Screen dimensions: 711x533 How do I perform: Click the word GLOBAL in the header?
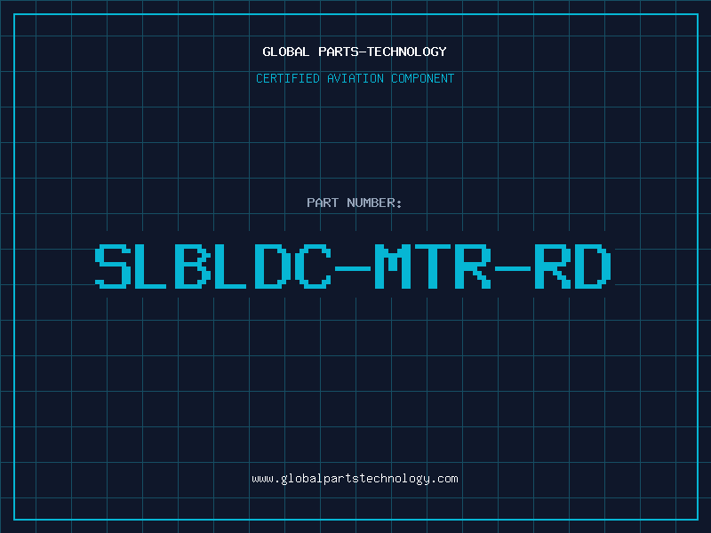coord(285,52)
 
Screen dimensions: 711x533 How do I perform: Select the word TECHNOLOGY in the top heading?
coord(407,52)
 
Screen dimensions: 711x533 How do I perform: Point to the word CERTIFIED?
coord(288,78)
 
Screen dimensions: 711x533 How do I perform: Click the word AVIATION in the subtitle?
coord(355,78)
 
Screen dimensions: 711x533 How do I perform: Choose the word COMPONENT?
coord(423,78)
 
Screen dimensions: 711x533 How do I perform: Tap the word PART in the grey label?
coord(323,203)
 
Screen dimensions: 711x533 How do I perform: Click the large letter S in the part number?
coord(113,266)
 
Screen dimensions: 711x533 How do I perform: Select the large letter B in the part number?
coord(193,266)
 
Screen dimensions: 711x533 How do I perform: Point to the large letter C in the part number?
coord(313,266)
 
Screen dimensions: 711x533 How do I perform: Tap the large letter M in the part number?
coord(393,266)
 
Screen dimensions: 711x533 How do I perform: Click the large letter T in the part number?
coord(433,266)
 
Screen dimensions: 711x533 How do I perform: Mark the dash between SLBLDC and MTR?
coord(353,268)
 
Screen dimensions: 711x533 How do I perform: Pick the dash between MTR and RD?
coord(513,268)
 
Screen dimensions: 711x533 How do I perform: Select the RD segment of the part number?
coord(573,266)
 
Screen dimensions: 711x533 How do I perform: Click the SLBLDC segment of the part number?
coord(213,266)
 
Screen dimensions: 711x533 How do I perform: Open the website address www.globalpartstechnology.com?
coord(355,479)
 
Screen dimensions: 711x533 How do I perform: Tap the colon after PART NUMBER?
coord(399,204)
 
